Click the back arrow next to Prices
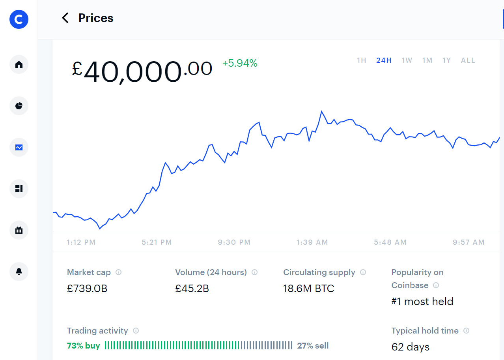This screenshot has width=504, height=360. click(65, 18)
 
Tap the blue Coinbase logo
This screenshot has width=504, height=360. click(19, 19)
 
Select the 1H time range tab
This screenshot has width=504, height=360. click(362, 60)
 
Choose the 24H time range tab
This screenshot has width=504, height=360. click(384, 60)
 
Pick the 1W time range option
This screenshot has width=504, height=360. click(407, 60)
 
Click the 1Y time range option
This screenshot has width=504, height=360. click(447, 60)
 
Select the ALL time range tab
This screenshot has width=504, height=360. click(468, 60)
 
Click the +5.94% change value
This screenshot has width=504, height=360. click(240, 63)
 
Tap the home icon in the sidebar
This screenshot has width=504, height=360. click(19, 64)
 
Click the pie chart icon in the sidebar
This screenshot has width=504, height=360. click(19, 106)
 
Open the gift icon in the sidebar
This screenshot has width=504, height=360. click(19, 230)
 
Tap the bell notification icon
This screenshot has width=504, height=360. click(19, 272)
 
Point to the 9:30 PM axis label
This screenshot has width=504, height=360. click(234, 242)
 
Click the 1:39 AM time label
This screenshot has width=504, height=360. click(312, 242)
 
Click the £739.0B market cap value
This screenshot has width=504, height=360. click(87, 289)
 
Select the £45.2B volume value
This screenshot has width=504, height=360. click(192, 289)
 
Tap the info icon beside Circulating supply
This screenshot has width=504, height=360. click(363, 272)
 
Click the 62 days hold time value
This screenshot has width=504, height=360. click(411, 347)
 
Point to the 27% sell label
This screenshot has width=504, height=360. click(313, 345)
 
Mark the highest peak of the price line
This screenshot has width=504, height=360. click(321, 111)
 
